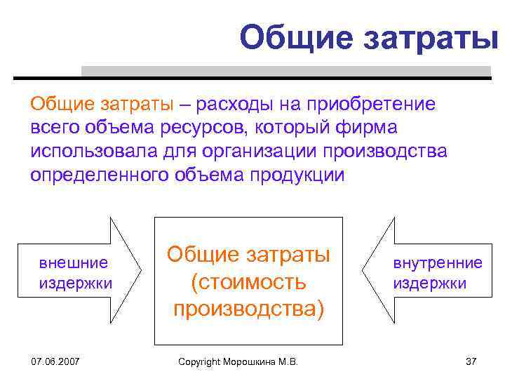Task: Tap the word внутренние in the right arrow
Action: coord(438,263)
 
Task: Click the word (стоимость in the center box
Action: coord(249,282)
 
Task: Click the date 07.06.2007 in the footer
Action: coord(55,361)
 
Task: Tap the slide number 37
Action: coord(471,361)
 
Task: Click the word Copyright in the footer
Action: coord(199,361)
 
